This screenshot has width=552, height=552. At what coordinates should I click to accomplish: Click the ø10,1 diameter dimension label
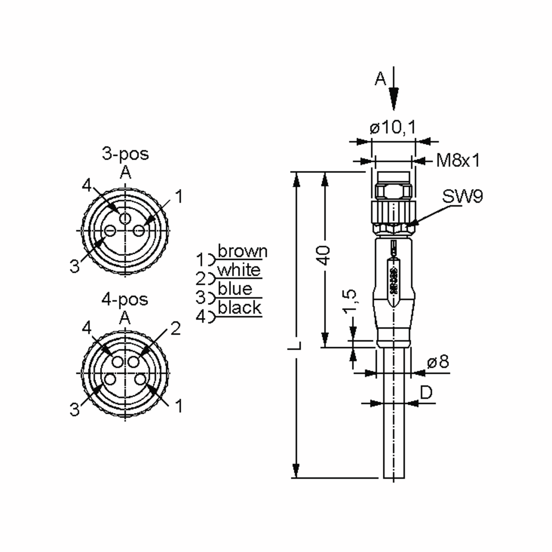393,127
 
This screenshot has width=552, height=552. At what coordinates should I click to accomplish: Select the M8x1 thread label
458,161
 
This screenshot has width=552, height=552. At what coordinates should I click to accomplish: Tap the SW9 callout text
462,197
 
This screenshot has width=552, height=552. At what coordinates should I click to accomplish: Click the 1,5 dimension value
350,302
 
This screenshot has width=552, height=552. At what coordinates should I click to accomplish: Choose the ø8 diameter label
438,362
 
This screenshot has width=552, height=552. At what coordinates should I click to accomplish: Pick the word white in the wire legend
239,270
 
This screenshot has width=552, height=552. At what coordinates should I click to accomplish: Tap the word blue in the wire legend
235,289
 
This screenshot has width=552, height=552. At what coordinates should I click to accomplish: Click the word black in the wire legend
240,308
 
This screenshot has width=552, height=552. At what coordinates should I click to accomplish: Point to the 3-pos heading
125,154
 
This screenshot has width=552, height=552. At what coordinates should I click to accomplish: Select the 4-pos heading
125,300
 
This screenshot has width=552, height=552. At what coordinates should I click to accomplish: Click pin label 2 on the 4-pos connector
175,329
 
